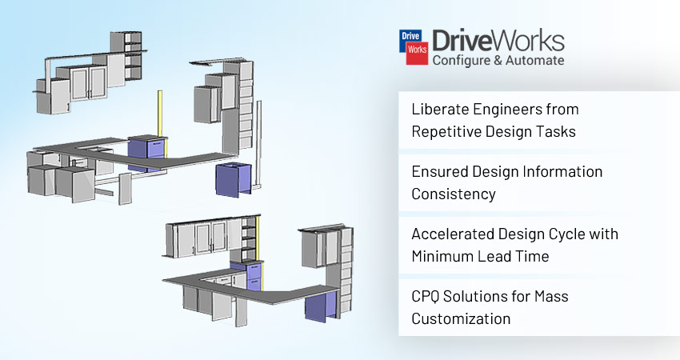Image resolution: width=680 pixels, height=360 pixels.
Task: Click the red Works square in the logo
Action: [x=417, y=53]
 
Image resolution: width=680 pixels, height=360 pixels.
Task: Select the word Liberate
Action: [x=439, y=110]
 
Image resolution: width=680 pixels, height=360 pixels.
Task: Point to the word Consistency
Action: [x=454, y=194]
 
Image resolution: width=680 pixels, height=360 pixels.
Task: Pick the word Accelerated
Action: [x=452, y=234]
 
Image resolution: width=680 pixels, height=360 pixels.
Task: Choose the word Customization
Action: [x=461, y=318]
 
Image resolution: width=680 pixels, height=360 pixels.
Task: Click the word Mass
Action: [x=551, y=297]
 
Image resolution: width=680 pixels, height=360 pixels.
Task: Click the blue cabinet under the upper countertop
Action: [x=234, y=181]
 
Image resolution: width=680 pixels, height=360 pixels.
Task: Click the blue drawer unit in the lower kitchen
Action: [x=254, y=276]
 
